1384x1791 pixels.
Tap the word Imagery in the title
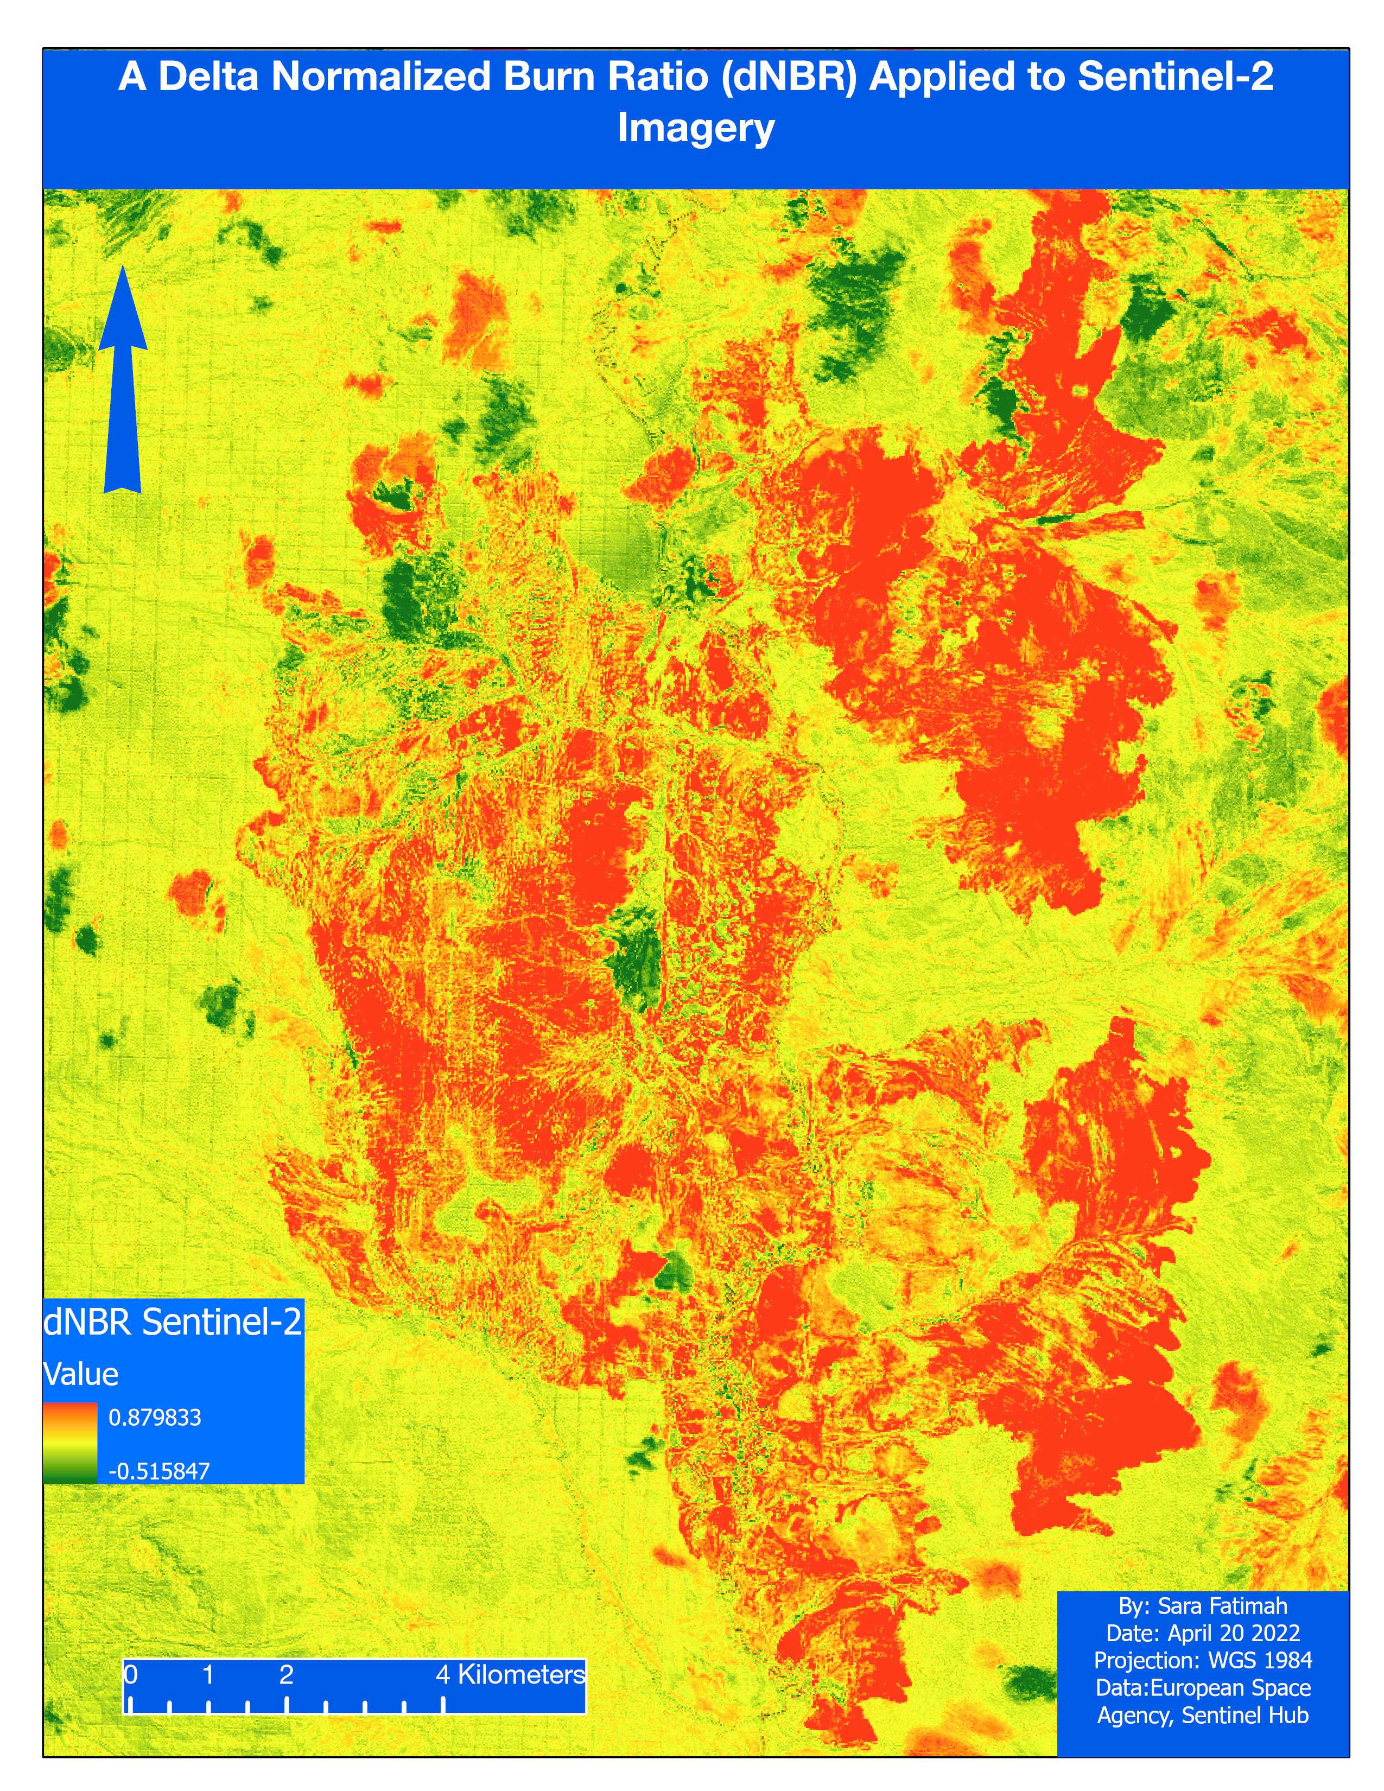[x=695, y=129]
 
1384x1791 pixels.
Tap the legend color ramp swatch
[x=69, y=1443]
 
